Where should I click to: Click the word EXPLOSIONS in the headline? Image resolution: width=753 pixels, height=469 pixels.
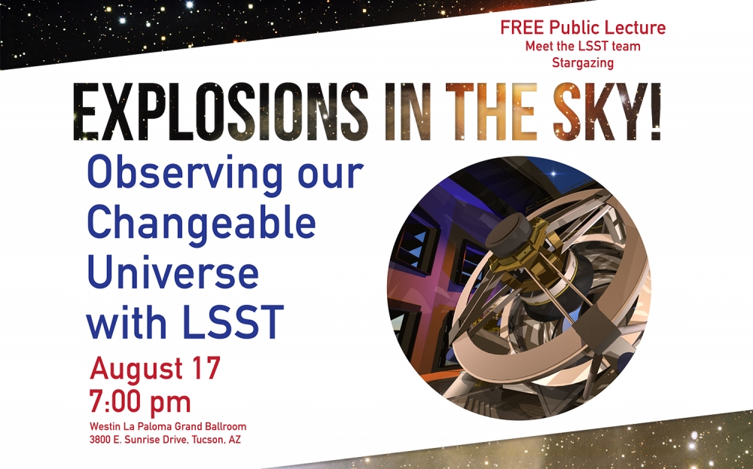[x=221, y=112]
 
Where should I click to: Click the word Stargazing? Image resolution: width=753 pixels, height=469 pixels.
[x=583, y=63]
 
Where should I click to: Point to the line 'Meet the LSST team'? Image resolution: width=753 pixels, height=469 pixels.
[x=583, y=47]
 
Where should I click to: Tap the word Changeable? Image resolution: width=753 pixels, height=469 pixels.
[x=201, y=224]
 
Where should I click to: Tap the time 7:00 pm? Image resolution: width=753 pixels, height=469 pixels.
[x=140, y=402]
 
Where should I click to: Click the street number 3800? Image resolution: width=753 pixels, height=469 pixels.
[x=100, y=439]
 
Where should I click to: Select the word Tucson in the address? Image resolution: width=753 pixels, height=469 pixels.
[x=209, y=439]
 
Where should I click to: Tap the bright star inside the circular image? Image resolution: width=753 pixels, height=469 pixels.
[x=553, y=173]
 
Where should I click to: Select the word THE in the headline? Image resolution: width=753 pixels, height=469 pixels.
[x=495, y=112]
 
